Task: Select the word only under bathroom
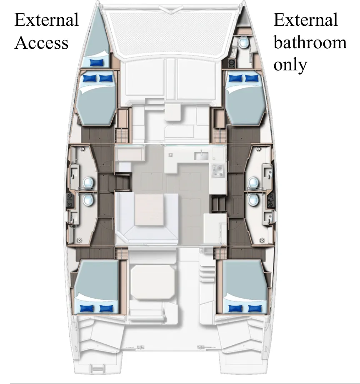[290, 65]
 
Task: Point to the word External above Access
[46, 20]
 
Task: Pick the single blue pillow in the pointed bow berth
[97, 62]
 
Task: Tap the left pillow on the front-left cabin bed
[90, 78]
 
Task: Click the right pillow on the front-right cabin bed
[251, 78]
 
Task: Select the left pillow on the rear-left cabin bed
[87, 308]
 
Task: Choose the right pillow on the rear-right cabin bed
[255, 308]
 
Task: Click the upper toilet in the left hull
[88, 182]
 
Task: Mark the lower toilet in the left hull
[88, 200]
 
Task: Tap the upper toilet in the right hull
[253, 182]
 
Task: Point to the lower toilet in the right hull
[253, 200]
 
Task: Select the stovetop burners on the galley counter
[217, 170]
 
